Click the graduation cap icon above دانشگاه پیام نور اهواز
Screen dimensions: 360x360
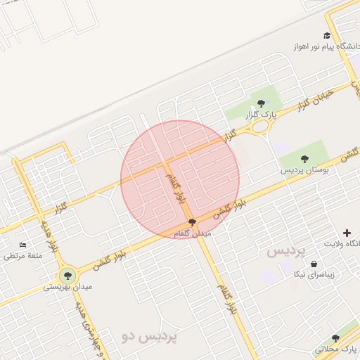coord(327,36)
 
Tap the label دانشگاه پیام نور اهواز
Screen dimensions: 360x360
coord(326,47)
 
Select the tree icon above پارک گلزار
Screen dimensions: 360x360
coord(261,103)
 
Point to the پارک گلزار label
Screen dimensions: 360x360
coord(261,114)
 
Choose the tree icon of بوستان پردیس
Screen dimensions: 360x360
coord(304,159)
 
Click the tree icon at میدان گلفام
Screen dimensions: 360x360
coord(193,221)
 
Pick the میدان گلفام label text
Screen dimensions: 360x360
coord(191,233)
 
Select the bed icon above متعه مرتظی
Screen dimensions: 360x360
coord(22,245)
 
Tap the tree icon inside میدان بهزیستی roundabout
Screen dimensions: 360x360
coord(67,276)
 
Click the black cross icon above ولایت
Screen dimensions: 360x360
coord(347,233)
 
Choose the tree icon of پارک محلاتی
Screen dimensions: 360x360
coord(335,338)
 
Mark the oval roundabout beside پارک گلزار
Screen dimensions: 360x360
coord(262,127)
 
